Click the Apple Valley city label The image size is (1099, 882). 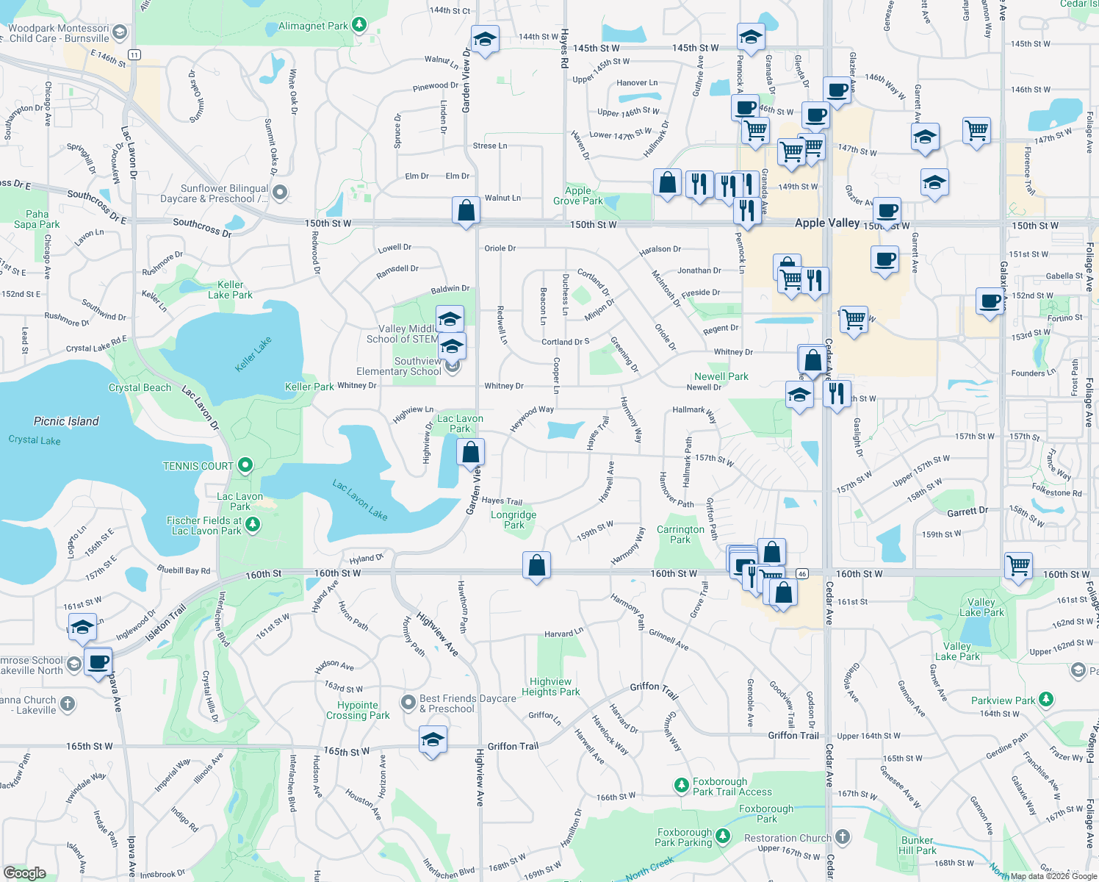pyautogui.click(x=826, y=223)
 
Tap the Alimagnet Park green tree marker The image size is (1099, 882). pyautogui.click(x=359, y=25)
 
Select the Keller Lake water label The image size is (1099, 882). pyautogui.click(x=253, y=354)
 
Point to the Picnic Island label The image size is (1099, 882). pyautogui.click(x=66, y=421)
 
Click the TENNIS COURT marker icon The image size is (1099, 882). pyautogui.click(x=246, y=465)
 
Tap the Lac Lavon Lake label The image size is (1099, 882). pyautogui.click(x=359, y=500)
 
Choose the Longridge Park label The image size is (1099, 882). pyautogui.click(x=514, y=520)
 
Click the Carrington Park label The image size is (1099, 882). pyautogui.click(x=680, y=534)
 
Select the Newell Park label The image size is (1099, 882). pyautogui.click(x=721, y=376)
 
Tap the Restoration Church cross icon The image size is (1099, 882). pyautogui.click(x=843, y=837)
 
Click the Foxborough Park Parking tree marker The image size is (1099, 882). pyautogui.click(x=724, y=836)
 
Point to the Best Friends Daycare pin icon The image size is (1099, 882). pyautogui.click(x=408, y=703)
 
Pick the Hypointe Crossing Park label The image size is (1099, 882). pyautogui.click(x=358, y=710)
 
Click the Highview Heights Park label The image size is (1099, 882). pyautogui.click(x=550, y=686)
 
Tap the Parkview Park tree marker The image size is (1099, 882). pyautogui.click(x=1046, y=700)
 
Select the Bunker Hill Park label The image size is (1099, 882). pyautogui.click(x=917, y=845)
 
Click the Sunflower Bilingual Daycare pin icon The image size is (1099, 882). pyautogui.click(x=280, y=193)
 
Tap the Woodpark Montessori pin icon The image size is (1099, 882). pyautogui.click(x=120, y=33)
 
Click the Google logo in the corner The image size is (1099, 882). pyautogui.click(x=25, y=872)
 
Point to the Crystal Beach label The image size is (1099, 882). pyautogui.click(x=140, y=387)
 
